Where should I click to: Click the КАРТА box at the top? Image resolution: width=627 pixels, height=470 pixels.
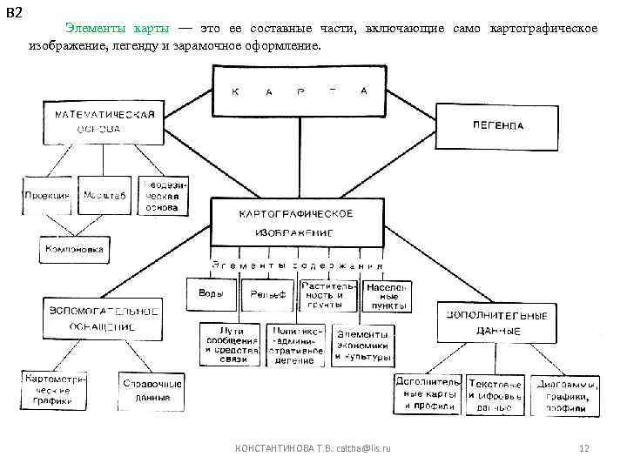(x=300, y=91)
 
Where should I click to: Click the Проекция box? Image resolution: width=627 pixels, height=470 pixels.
(x=48, y=196)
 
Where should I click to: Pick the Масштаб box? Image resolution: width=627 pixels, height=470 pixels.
(x=104, y=196)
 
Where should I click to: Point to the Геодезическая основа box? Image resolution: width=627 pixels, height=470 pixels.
(x=161, y=196)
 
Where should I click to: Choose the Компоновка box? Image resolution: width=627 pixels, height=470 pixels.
(x=75, y=250)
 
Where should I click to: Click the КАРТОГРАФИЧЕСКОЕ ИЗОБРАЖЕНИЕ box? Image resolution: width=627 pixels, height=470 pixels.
(x=296, y=224)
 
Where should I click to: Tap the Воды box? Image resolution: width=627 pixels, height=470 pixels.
(x=211, y=293)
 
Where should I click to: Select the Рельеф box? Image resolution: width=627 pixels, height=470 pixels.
(x=268, y=295)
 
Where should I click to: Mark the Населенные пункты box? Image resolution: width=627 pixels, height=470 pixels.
(x=388, y=295)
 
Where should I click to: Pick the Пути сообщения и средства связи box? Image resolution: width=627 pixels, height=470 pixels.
(x=231, y=346)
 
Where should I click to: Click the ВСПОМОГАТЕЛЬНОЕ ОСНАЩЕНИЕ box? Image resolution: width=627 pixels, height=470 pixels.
(x=104, y=319)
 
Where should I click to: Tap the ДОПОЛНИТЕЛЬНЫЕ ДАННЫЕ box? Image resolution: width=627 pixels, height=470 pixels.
(x=498, y=323)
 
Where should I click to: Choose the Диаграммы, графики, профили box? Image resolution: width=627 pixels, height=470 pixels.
(x=567, y=395)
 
